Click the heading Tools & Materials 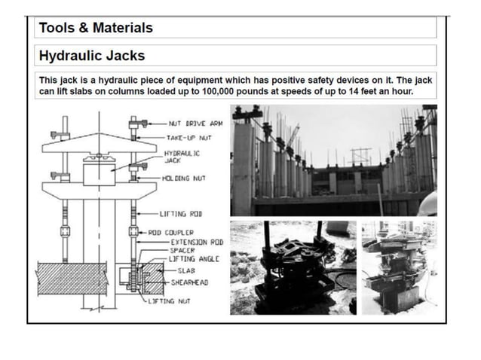click(x=96, y=28)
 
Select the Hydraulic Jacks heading click(x=92, y=56)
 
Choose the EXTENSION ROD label click(x=197, y=242)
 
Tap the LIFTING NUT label click(x=173, y=301)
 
